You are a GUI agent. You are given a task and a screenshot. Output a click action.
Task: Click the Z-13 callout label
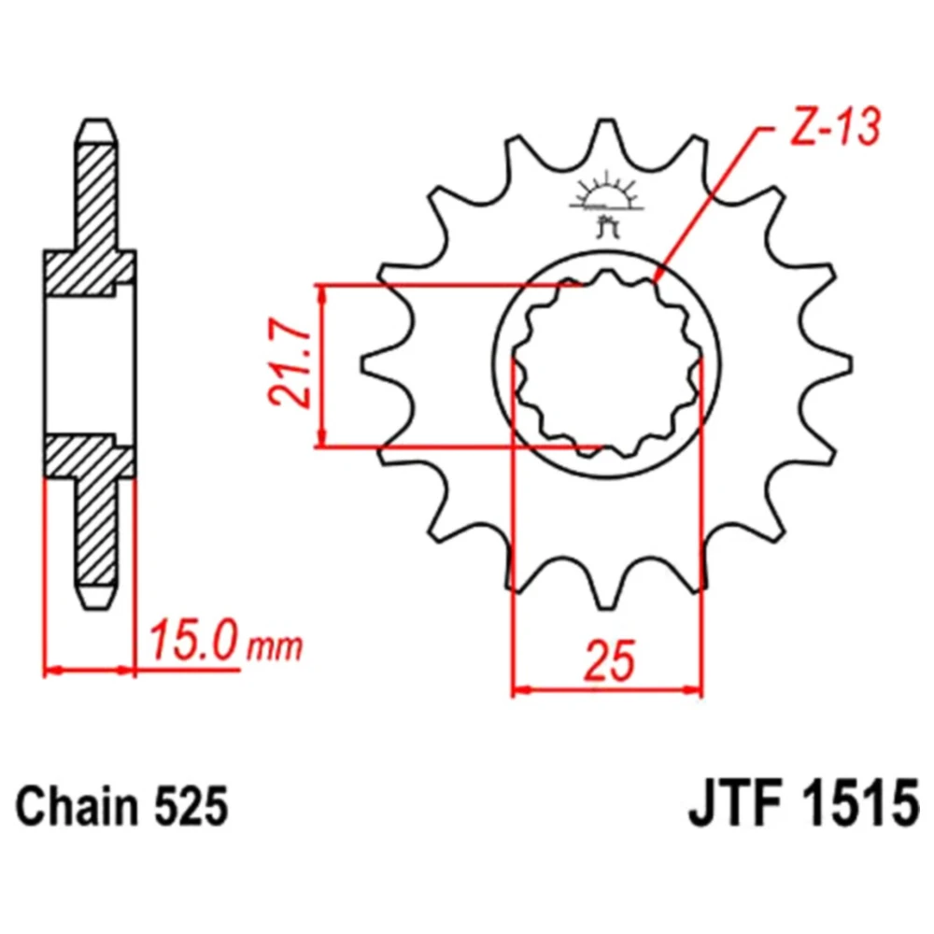click(834, 127)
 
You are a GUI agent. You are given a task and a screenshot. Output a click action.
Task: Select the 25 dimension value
click(609, 660)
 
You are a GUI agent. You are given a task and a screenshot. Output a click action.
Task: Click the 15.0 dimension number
click(194, 640)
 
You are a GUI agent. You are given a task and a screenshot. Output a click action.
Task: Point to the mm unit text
click(275, 646)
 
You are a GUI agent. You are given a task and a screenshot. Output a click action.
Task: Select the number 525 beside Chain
click(191, 807)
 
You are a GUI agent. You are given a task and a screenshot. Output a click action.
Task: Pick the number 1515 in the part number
click(857, 807)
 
